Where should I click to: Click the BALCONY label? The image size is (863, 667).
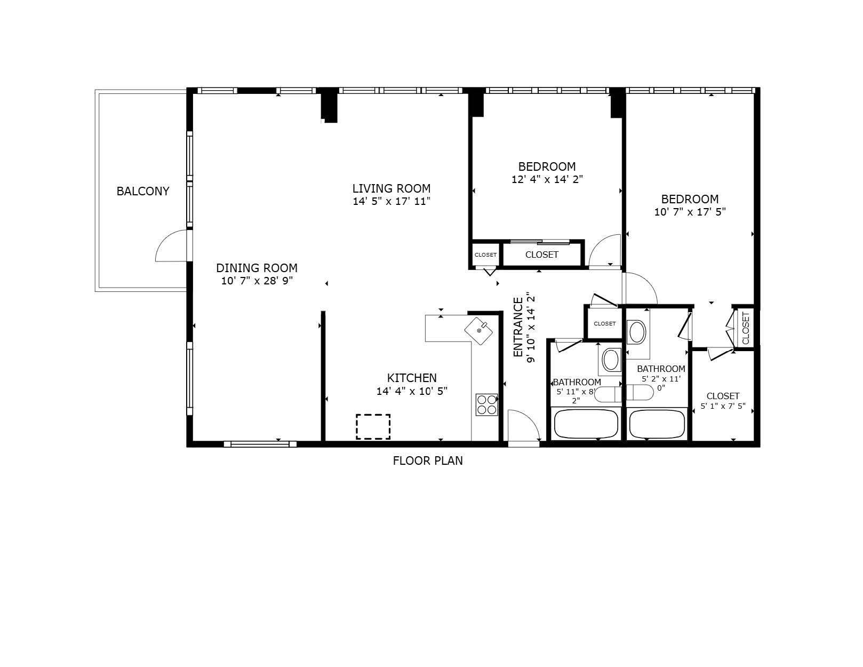click(143, 191)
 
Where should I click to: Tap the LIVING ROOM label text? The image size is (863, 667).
click(391, 188)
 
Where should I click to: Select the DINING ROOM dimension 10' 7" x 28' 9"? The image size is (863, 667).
click(257, 281)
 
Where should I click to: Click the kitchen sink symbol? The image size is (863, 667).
click(479, 330)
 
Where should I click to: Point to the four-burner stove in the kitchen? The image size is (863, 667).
click(486, 404)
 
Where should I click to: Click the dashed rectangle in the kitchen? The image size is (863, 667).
click(373, 427)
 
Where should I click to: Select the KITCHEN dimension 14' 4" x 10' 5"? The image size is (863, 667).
click(412, 391)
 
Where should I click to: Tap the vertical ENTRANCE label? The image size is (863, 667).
click(518, 327)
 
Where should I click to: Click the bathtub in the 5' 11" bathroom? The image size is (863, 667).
click(586, 425)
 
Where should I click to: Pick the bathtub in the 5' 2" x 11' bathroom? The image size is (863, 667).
click(657, 425)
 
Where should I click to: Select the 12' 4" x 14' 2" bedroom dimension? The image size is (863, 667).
click(547, 180)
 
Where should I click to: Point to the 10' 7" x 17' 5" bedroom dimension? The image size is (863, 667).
click(690, 212)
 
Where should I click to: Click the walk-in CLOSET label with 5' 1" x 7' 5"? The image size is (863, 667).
click(723, 396)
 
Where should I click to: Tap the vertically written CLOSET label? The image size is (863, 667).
click(745, 328)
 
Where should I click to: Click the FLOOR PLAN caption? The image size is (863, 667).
click(428, 460)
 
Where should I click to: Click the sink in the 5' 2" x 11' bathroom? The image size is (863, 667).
click(637, 332)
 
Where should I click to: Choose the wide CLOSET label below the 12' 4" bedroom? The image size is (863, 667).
click(541, 255)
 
